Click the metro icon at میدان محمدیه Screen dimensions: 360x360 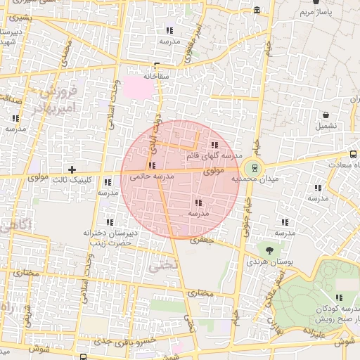point(252,168)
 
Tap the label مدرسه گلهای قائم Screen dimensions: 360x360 point(215,155)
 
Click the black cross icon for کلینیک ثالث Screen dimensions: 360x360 point(72,169)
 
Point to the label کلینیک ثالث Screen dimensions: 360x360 point(74,180)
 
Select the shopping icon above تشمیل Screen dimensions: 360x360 point(326,115)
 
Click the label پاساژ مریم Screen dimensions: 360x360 point(314,13)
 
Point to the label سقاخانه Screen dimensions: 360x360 point(157,75)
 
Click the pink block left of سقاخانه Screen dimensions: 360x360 point(133,88)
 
